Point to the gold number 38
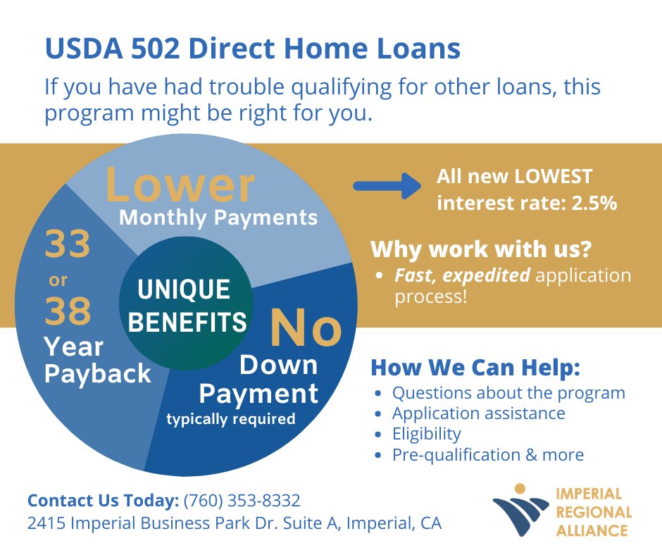(x=68, y=311)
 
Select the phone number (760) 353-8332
(x=242, y=501)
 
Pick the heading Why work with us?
(x=481, y=249)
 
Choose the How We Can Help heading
(x=475, y=368)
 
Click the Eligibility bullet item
(x=426, y=433)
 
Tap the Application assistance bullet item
(x=478, y=413)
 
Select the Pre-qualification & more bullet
(x=487, y=454)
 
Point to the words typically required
(x=230, y=419)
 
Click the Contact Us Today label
(x=103, y=501)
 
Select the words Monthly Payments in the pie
(x=218, y=218)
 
